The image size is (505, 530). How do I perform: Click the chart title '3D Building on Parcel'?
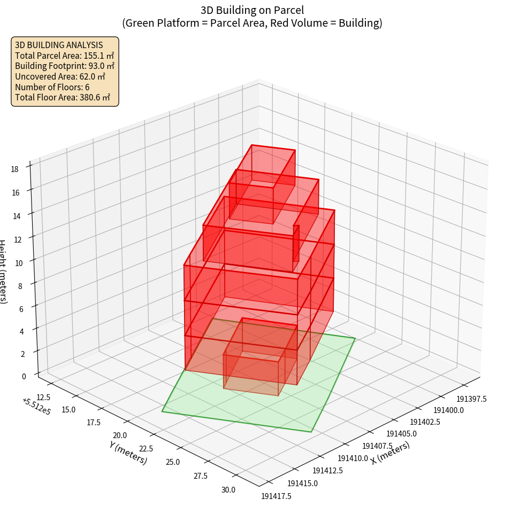pos(252,10)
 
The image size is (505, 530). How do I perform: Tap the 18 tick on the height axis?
pos(14,169)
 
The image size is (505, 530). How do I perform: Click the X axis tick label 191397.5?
pos(471,399)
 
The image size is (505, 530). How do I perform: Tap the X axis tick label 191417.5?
pos(276,496)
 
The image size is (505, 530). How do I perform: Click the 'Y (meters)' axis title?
pos(128,453)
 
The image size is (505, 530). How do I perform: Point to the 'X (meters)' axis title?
pos(390,453)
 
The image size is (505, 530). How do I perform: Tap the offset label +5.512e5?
pos(36,407)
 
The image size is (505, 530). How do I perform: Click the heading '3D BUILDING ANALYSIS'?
pos(59,45)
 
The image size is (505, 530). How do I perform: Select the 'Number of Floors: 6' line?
pos(52,87)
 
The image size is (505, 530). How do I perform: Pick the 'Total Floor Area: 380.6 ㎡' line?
pos(63,98)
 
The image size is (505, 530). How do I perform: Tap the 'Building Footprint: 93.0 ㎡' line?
pos(65,66)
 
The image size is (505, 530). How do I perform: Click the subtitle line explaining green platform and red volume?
pos(252,23)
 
